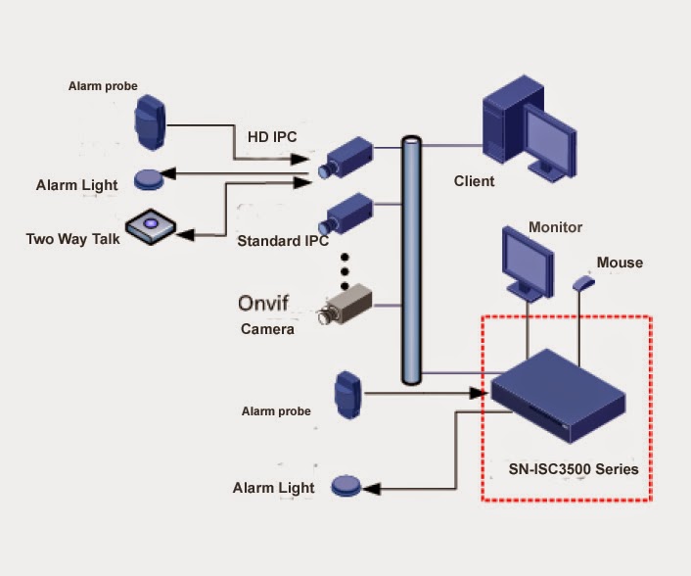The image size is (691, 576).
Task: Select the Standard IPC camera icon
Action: click(348, 213)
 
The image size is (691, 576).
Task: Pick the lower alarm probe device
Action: click(349, 396)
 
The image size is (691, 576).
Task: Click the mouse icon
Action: click(583, 283)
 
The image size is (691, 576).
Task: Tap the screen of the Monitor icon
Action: click(526, 259)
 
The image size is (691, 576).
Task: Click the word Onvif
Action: click(267, 304)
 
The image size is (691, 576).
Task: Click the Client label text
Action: click(475, 181)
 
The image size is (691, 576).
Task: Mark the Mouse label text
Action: click(620, 262)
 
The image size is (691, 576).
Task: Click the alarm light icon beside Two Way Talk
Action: click(148, 179)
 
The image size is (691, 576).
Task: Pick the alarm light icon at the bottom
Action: click(347, 484)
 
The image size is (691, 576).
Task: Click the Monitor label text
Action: click(555, 227)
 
